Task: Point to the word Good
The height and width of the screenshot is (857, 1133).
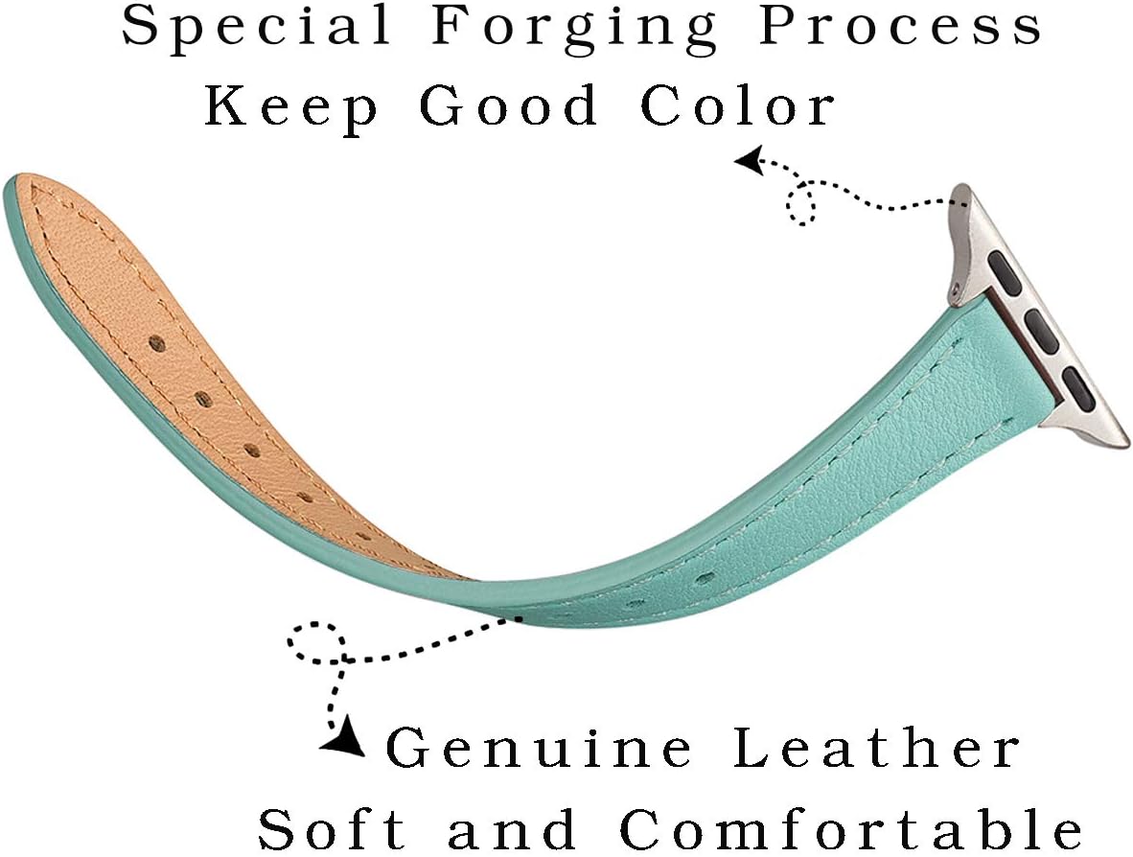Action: (509, 105)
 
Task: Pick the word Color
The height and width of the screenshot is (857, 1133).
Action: (738, 105)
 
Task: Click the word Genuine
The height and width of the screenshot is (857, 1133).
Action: (539, 748)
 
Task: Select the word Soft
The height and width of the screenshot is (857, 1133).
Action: (332, 828)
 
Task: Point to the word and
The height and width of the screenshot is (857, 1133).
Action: (512, 828)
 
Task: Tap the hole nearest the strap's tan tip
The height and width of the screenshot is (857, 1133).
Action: (157, 343)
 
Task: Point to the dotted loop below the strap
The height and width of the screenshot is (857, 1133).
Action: (315, 641)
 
